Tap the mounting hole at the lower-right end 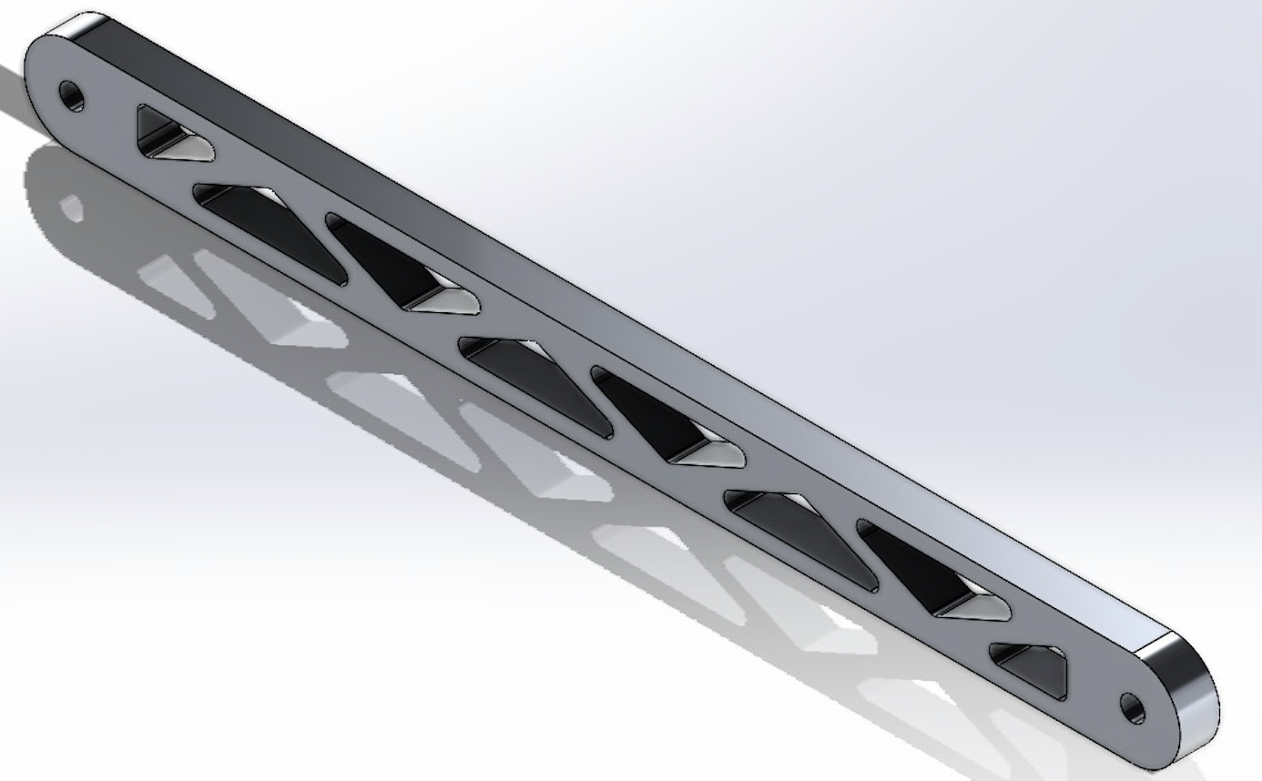(x=1132, y=707)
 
